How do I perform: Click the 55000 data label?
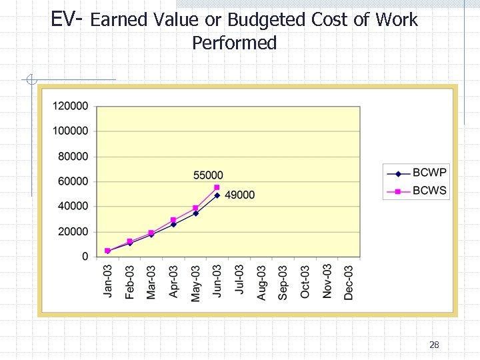tap(208, 175)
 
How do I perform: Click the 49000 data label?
tap(239, 195)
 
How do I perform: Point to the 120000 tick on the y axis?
tap(71, 106)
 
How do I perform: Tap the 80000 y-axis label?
tap(73, 157)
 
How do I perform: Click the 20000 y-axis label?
tap(73, 232)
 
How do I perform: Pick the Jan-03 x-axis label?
tap(108, 281)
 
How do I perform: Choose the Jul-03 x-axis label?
tap(239, 281)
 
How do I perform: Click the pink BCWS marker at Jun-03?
tap(217, 188)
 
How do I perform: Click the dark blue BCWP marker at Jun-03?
tap(217, 195)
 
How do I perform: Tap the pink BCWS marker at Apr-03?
tap(173, 220)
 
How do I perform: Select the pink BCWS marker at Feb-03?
tap(129, 241)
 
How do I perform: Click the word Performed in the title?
tap(234, 43)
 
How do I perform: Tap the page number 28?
tap(434, 345)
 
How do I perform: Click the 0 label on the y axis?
tap(85, 257)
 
